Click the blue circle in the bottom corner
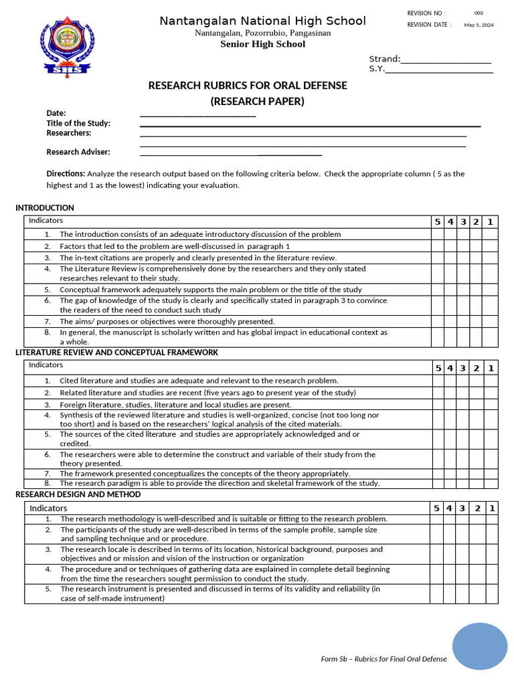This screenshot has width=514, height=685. click(479, 646)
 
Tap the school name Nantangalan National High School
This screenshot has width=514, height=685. click(262, 21)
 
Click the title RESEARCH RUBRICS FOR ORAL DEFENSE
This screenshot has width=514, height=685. click(248, 86)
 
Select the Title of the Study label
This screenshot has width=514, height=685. click(78, 123)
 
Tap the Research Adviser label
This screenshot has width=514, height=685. click(78, 152)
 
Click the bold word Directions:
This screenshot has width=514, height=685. click(66, 173)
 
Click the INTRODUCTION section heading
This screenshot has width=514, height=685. click(45, 208)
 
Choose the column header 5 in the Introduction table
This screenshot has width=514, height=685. click(438, 222)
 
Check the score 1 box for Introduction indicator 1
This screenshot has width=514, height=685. click(490, 234)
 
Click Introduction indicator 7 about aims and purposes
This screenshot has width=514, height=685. click(167, 321)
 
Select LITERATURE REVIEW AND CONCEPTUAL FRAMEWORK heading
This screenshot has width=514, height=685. click(116, 353)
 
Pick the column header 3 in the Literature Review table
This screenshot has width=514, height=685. click(463, 368)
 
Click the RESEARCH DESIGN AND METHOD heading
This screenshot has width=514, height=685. click(78, 494)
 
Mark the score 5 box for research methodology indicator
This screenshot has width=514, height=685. click(436, 518)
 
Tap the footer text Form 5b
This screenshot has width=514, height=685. click(383, 659)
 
